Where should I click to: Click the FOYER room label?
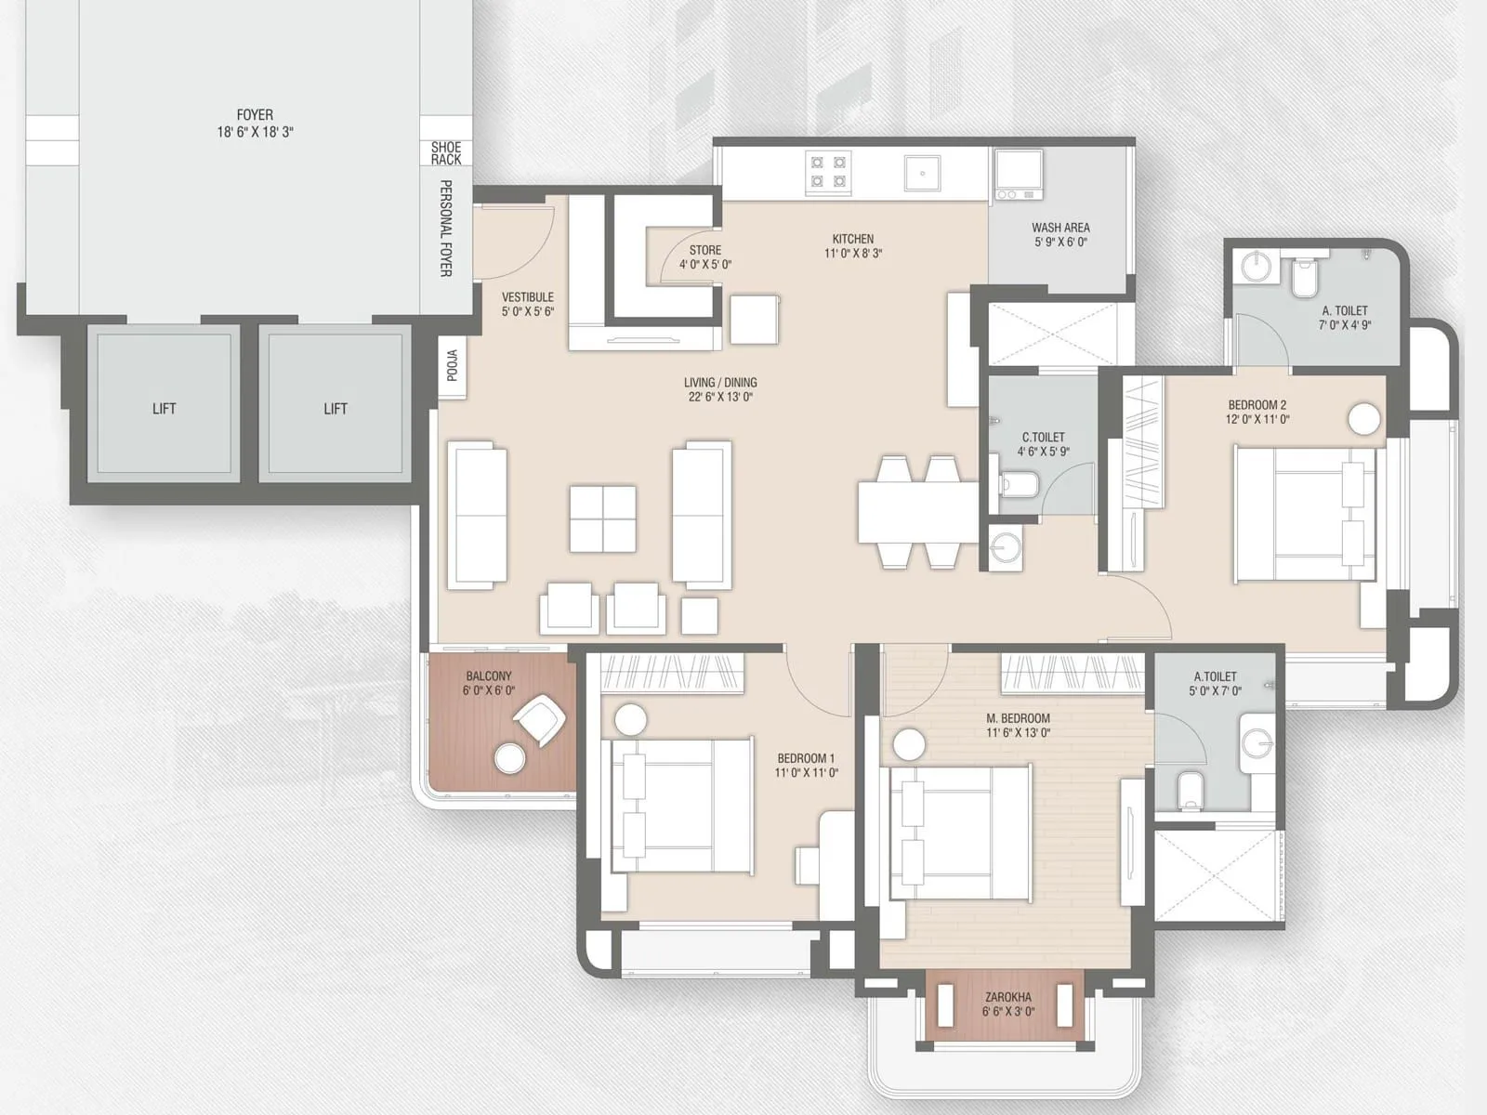coord(255,115)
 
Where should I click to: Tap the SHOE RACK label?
coord(446,153)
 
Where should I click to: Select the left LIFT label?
coord(164,409)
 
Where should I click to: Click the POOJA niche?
coord(453,366)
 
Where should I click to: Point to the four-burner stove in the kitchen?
coord(828,172)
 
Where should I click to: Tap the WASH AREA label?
coord(1060,228)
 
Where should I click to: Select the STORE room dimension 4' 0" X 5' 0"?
coord(705,265)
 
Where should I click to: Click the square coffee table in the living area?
coord(603,518)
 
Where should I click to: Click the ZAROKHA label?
coord(1008,997)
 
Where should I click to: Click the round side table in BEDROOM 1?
coord(631,721)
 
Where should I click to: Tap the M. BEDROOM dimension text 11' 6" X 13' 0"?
coord(1019,733)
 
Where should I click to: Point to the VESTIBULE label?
coord(527,297)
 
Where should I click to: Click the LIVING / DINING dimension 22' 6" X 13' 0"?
coord(720,397)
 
